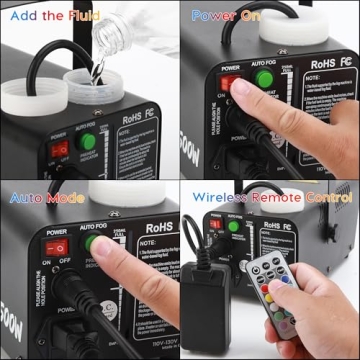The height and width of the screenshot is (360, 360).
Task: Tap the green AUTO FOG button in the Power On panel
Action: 262,87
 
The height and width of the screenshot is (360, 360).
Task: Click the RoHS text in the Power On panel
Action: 323,63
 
